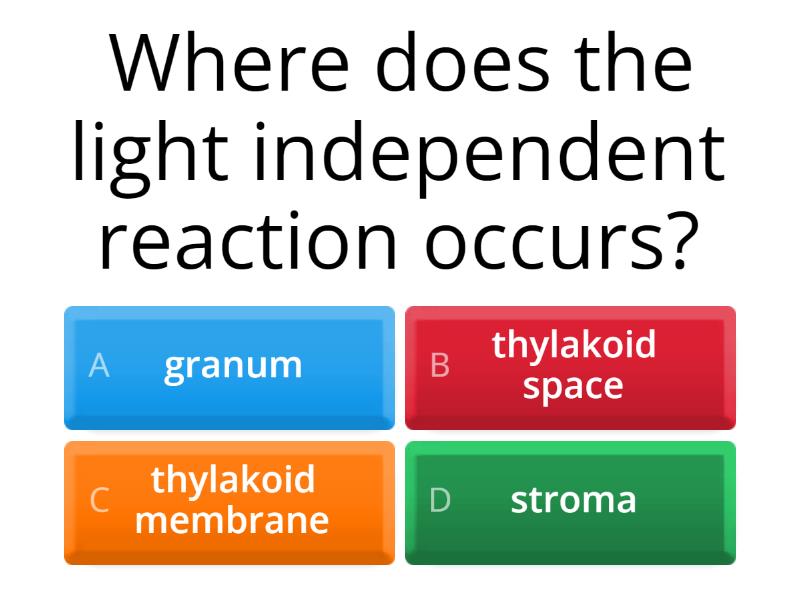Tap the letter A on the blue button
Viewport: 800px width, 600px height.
(x=98, y=366)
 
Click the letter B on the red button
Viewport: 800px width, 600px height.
(x=440, y=366)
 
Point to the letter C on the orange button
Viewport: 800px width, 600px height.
(x=99, y=500)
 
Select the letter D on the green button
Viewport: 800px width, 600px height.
(x=440, y=500)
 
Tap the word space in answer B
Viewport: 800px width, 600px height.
(x=573, y=386)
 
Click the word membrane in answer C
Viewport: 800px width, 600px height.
(x=232, y=520)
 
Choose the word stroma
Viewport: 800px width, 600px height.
(x=573, y=500)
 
